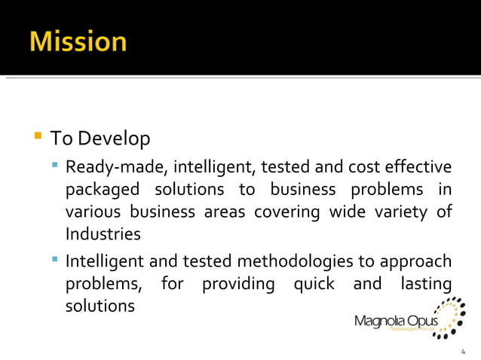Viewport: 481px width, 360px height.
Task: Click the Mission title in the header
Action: coord(78,41)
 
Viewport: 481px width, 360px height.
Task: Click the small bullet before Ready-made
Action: coord(55,164)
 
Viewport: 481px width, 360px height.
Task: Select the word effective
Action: coord(418,166)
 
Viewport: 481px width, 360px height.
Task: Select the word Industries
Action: coord(103,234)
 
